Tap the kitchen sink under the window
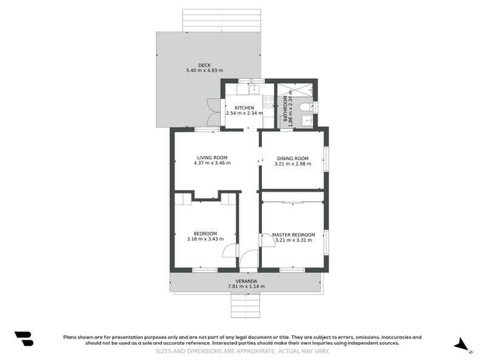(x=255, y=90)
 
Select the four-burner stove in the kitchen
(x=267, y=101)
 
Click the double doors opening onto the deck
(x=213, y=112)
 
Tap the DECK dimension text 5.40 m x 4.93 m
(x=204, y=71)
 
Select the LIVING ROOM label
(x=212, y=158)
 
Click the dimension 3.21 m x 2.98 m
(x=292, y=164)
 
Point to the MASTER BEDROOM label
(x=293, y=235)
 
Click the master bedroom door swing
(x=267, y=239)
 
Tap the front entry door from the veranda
(x=249, y=261)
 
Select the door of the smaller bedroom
(x=229, y=251)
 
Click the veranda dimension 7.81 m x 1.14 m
(x=246, y=286)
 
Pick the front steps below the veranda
(x=246, y=305)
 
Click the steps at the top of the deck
(x=221, y=20)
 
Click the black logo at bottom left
(x=24, y=339)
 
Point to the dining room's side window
(x=326, y=159)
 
